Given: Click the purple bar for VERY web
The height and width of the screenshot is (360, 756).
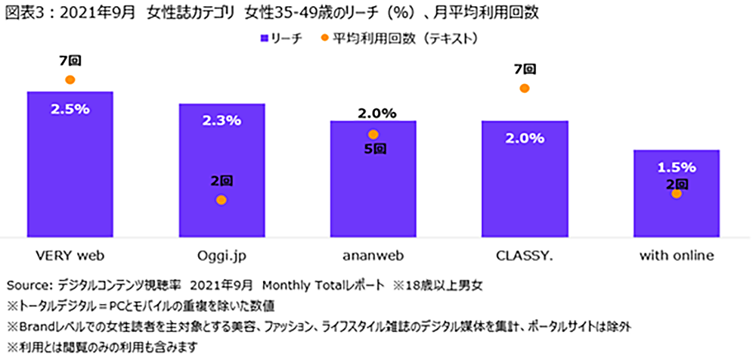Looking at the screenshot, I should pyautogui.click(x=70, y=174).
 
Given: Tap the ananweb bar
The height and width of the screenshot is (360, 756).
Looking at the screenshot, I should pyautogui.click(x=373, y=189).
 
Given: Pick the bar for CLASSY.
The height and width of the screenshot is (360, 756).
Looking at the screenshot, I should pyautogui.click(x=525, y=189).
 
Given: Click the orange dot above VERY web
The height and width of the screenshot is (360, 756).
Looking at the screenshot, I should pyautogui.click(x=70, y=79).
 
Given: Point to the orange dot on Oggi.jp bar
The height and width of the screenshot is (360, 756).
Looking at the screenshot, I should pyautogui.click(x=222, y=200).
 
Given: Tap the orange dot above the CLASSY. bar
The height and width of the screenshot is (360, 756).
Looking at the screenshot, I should pyautogui.click(x=525, y=88).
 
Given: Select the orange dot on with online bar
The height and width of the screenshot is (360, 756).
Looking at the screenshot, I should pyautogui.click(x=677, y=194).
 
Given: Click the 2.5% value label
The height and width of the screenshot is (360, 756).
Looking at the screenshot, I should pyautogui.click(x=70, y=109).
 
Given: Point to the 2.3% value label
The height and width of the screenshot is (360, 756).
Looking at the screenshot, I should pyautogui.click(x=222, y=120).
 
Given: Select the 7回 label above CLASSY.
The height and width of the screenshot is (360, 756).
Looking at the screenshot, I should pyautogui.click(x=525, y=70).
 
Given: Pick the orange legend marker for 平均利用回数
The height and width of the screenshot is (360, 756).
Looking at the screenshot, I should pyautogui.click(x=324, y=37).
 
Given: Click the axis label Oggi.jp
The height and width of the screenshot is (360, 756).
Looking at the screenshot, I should pyautogui.click(x=222, y=256).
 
